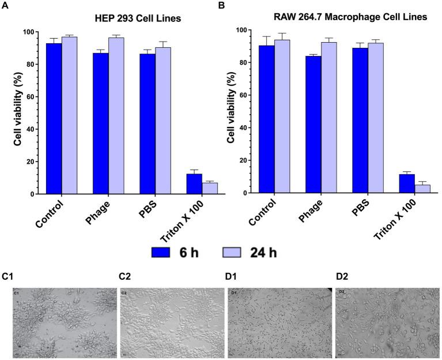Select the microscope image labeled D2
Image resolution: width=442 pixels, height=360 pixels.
386,324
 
